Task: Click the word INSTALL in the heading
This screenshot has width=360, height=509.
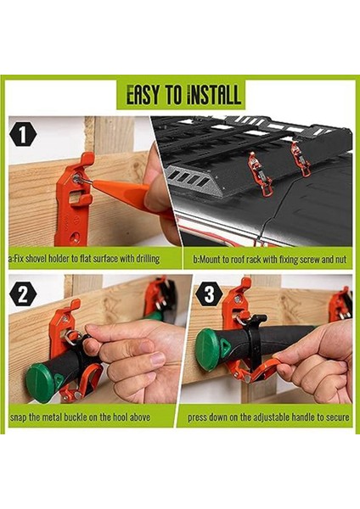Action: (213, 94)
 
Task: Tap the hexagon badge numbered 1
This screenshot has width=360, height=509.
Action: (23, 135)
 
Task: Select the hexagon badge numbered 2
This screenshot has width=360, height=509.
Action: (23, 295)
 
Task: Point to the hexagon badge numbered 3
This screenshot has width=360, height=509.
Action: (209, 294)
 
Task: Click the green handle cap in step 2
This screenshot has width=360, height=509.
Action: (40, 383)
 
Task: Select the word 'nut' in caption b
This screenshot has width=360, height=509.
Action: (340, 260)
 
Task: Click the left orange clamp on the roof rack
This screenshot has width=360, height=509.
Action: (258, 174)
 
